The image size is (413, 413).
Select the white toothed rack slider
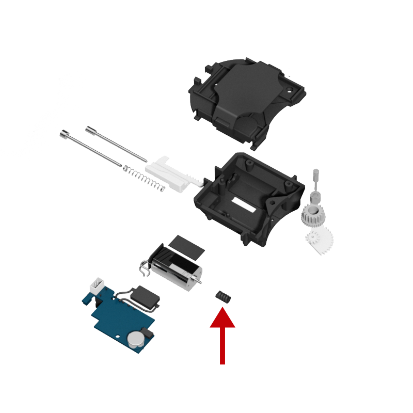coord(170,172)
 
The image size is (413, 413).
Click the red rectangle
coord(223,336)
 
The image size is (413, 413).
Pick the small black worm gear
coord(223,296)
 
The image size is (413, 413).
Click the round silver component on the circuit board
coord(136,338)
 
